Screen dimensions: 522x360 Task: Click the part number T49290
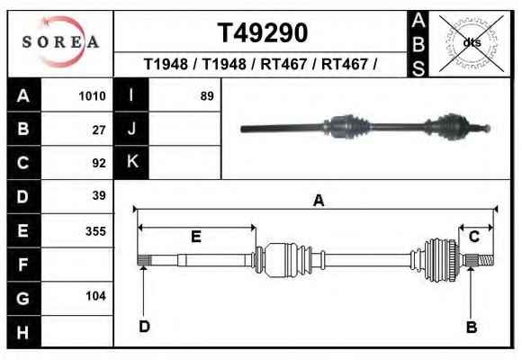click(x=263, y=32)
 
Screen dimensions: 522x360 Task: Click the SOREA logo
click(x=60, y=42)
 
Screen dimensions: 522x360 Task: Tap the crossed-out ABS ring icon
click(x=472, y=43)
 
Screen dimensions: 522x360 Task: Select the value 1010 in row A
click(x=92, y=96)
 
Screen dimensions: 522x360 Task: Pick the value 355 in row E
click(x=96, y=231)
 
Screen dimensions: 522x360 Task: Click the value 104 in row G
click(x=96, y=296)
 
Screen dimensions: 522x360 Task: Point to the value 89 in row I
click(x=207, y=96)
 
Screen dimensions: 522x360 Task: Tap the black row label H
click(x=24, y=332)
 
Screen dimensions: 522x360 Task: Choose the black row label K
click(x=131, y=162)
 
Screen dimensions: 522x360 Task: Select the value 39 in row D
click(x=99, y=195)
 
